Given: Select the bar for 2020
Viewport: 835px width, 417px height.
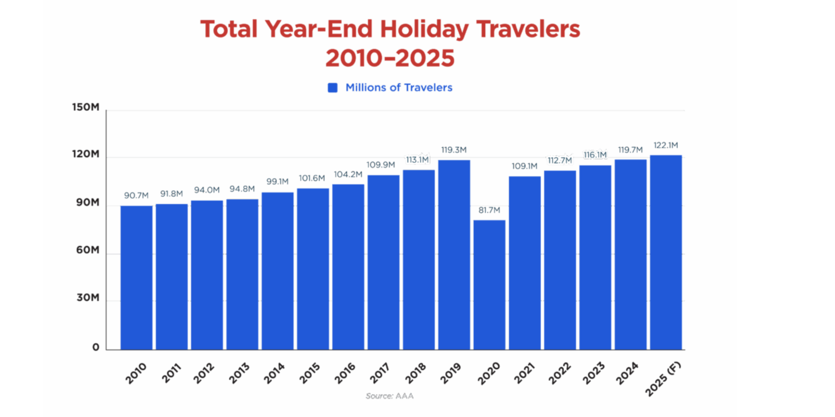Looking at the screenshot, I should [489, 285].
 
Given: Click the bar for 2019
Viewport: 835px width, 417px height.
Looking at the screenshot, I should [454, 255].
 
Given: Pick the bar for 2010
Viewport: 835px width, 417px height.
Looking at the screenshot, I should [136, 278].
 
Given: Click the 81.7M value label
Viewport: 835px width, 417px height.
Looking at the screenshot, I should [489, 210].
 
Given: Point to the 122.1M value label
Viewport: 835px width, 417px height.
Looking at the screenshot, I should [666, 145].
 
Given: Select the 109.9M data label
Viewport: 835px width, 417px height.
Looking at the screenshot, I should [381, 165].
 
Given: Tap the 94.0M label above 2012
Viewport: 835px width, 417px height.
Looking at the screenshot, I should [207, 190].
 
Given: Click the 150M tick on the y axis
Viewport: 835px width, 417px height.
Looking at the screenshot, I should [86, 107].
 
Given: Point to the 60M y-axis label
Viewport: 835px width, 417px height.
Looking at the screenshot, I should [88, 250].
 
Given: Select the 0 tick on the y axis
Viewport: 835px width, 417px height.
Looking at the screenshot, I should [96, 347].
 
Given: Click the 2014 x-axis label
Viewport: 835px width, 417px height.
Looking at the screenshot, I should [274, 373].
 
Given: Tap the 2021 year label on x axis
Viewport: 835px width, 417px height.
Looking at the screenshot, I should [524, 373].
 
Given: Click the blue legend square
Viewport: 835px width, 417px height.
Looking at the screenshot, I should [333, 88].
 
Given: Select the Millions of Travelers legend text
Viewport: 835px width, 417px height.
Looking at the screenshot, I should [399, 88].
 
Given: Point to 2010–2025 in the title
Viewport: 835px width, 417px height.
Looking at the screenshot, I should [390, 58].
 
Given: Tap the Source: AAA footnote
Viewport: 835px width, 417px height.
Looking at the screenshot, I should [390, 396].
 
